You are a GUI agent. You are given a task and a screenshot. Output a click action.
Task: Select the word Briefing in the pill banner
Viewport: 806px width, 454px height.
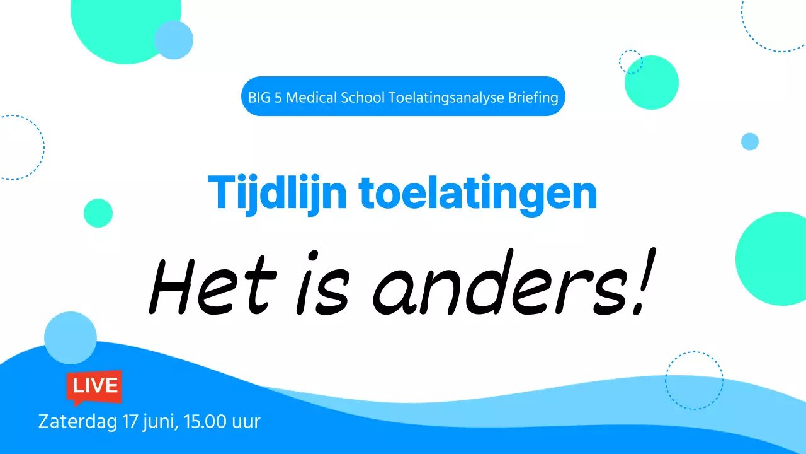pyautogui.click(x=533, y=97)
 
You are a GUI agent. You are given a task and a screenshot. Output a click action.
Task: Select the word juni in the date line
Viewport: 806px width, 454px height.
pyautogui.click(x=160, y=421)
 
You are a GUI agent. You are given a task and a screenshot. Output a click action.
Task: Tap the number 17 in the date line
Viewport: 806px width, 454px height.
pyautogui.click(x=131, y=421)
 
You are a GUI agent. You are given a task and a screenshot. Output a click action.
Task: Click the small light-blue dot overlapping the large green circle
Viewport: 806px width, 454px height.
pyautogui.click(x=173, y=40)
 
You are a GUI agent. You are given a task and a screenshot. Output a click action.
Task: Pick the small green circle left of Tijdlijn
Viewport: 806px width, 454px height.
pyautogui.click(x=98, y=213)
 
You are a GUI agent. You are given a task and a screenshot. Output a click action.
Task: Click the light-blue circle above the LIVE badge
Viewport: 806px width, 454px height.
pyautogui.click(x=71, y=338)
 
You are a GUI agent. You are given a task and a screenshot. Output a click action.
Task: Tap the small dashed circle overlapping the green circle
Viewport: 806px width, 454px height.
pyautogui.click(x=630, y=62)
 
